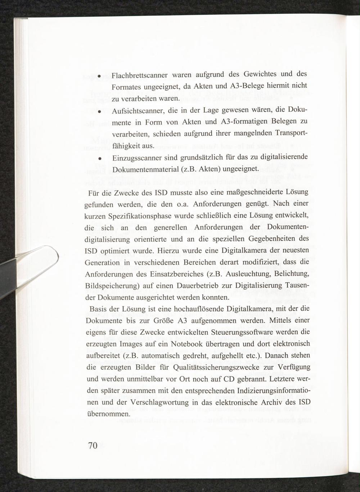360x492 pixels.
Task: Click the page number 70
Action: click(93, 446)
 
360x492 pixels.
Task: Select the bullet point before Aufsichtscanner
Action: click(103, 111)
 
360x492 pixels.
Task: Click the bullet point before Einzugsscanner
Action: click(103, 158)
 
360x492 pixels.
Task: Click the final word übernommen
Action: click(108, 414)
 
